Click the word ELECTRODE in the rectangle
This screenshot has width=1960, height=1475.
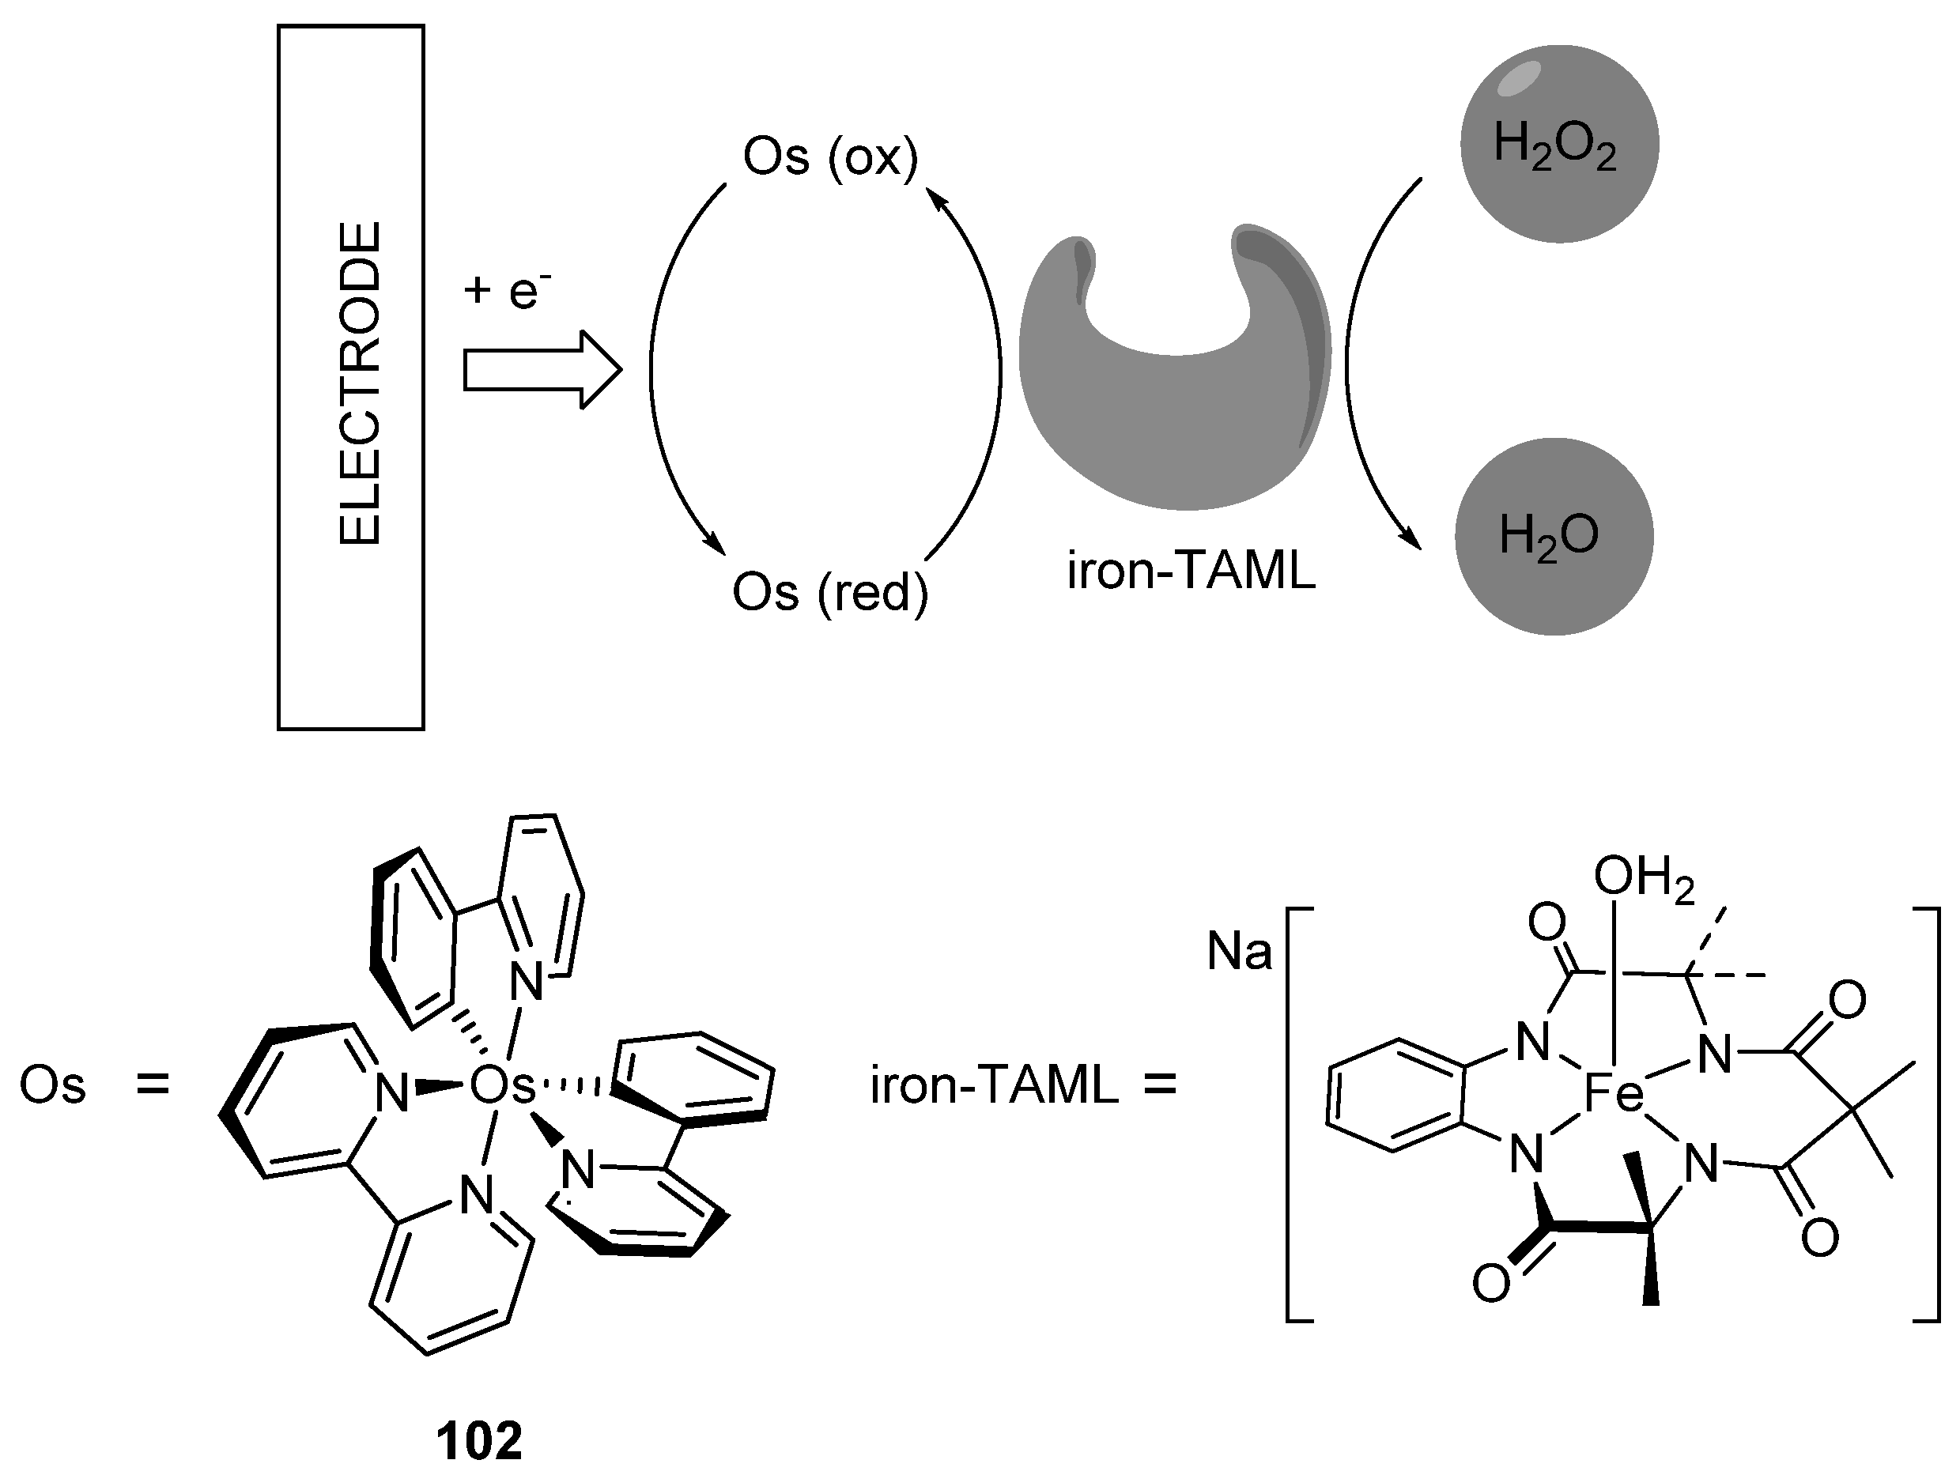coord(360,383)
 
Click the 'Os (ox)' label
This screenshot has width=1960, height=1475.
coord(830,157)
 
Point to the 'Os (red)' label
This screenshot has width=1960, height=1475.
coord(830,592)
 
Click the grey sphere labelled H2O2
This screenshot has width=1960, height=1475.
coord(1559,144)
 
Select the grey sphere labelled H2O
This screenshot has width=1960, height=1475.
coord(1554,536)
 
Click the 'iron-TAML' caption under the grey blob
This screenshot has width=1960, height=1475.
coord(1191,572)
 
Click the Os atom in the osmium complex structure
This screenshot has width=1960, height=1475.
coord(501,1086)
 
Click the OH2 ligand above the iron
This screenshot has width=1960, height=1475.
coord(1645,879)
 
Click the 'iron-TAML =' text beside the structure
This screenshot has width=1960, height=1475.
coord(1023,1086)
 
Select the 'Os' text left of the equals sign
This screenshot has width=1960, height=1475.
coord(52,1086)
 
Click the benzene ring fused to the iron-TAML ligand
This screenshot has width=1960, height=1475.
coord(1394,1096)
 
